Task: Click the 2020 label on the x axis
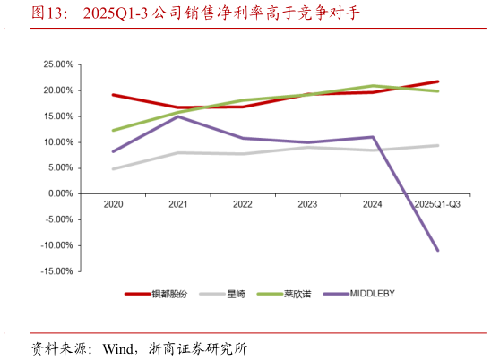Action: point(114,205)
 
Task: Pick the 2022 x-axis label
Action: point(243,205)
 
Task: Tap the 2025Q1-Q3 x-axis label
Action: point(437,205)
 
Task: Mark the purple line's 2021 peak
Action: point(178,116)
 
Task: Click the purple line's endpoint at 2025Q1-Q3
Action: point(437,250)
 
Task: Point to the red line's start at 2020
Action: point(114,95)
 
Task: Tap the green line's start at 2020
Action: point(114,131)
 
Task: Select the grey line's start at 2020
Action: point(114,168)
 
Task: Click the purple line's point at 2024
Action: point(373,137)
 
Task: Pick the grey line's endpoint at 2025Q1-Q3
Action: point(437,145)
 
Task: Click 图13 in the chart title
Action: point(47,13)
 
